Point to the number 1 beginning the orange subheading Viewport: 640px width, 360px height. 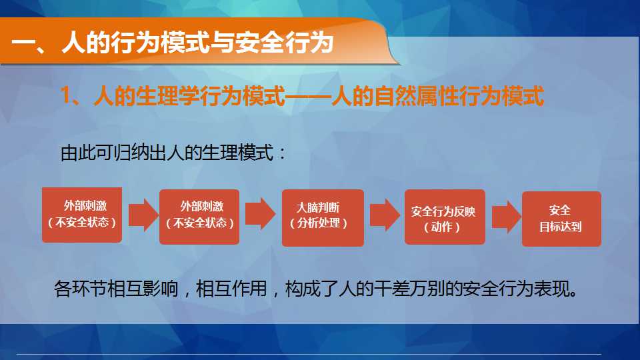click(x=65, y=96)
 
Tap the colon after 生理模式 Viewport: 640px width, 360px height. click(x=281, y=154)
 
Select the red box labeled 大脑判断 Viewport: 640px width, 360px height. click(x=323, y=217)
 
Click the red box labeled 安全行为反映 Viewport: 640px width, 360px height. click(x=445, y=217)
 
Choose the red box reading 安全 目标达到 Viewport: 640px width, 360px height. click(x=561, y=219)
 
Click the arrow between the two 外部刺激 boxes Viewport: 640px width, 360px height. click(x=143, y=215)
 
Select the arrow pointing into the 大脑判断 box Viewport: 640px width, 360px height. click(x=261, y=214)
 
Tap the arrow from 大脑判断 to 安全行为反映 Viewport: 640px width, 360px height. click(x=385, y=215)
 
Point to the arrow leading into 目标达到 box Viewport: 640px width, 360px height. click(x=506, y=217)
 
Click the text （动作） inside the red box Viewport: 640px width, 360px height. click(x=442, y=227)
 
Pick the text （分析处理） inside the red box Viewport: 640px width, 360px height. click(x=319, y=223)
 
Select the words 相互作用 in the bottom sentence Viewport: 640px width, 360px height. click(x=231, y=289)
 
